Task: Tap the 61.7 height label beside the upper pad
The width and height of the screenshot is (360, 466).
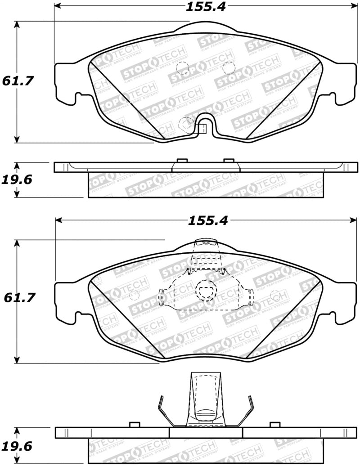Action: click(x=18, y=81)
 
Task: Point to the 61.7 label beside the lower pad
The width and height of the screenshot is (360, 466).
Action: click(x=18, y=298)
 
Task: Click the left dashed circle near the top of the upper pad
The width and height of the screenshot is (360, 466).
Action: click(x=183, y=68)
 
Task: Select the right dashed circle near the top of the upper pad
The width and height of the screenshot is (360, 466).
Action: click(x=229, y=67)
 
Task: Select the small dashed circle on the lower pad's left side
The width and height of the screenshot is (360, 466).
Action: click(x=134, y=296)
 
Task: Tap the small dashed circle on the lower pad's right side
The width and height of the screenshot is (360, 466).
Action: click(x=276, y=296)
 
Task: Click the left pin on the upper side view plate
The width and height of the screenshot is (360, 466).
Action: click(x=182, y=160)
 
